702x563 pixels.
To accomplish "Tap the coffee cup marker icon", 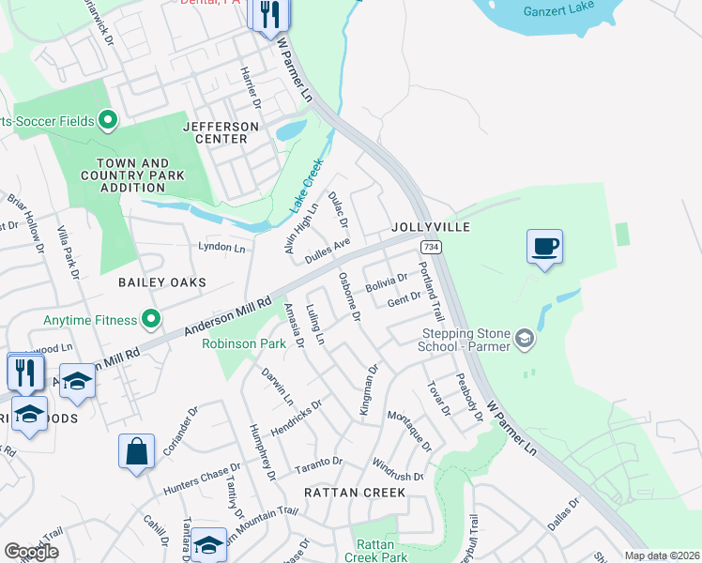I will [x=544, y=247].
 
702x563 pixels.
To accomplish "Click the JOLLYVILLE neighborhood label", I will [x=430, y=228].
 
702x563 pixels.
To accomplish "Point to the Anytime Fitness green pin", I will [x=150, y=321].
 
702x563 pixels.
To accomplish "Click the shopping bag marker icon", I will [x=136, y=451].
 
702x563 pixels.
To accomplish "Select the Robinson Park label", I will [x=244, y=344].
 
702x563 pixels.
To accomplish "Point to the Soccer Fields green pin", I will [x=107, y=119].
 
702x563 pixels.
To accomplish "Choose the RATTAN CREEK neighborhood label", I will [x=355, y=492].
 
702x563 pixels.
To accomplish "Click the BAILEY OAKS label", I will [x=161, y=281].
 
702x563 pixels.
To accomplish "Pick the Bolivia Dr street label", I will [x=386, y=281].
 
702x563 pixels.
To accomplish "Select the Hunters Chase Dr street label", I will [x=202, y=480].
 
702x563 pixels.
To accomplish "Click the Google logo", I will [x=31, y=552].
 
